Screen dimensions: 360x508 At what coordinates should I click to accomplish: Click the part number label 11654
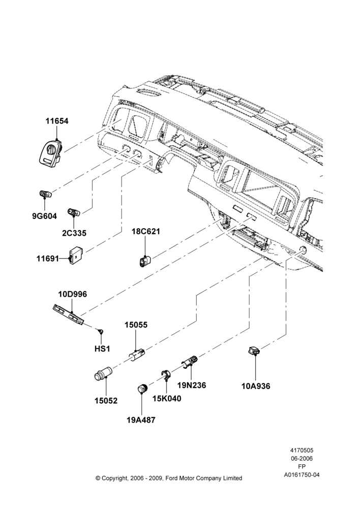click(x=57, y=121)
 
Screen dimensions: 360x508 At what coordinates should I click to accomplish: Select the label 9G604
click(x=44, y=216)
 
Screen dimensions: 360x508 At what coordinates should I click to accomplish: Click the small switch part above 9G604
click(x=45, y=194)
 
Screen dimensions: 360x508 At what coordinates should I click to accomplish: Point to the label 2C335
click(x=74, y=233)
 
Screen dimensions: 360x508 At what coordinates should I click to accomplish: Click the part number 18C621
click(x=145, y=232)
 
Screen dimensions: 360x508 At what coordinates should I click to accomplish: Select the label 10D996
click(x=73, y=294)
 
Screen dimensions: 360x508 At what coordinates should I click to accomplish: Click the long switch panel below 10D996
click(x=69, y=314)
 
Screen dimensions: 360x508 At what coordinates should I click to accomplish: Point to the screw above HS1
click(x=101, y=331)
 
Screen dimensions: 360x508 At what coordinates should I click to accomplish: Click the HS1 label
click(x=102, y=348)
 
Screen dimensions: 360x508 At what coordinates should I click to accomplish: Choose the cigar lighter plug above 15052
click(x=103, y=374)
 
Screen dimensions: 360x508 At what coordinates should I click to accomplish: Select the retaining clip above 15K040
click(x=167, y=375)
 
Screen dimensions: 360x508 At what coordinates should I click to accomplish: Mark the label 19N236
click(x=192, y=385)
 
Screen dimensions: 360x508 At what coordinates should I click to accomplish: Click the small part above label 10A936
click(x=254, y=351)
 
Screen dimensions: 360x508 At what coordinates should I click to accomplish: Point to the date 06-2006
click(x=302, y=458)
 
